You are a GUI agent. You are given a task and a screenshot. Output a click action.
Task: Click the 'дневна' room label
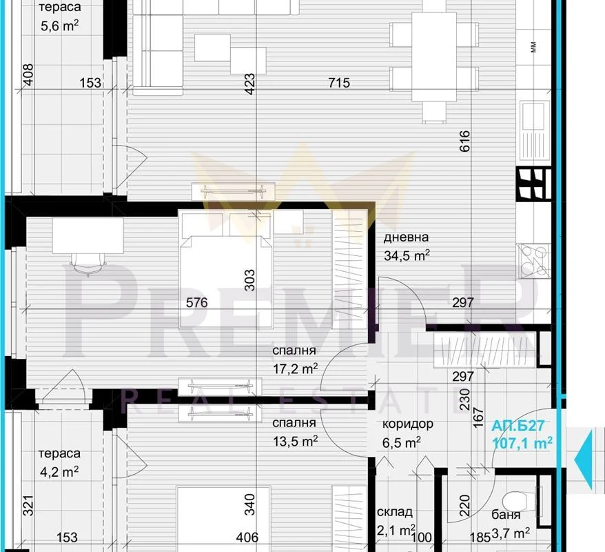(406, 237)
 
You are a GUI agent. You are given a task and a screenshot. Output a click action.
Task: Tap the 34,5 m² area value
(407, 255)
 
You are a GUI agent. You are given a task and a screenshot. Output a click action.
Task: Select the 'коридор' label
(407, 424)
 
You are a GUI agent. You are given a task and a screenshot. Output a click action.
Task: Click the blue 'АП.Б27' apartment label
(517, 426)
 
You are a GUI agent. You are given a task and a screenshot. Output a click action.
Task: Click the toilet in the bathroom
(518, 502)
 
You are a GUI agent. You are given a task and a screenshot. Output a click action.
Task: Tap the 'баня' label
(506, 515)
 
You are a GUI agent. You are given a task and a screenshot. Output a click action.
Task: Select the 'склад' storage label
(395, 512)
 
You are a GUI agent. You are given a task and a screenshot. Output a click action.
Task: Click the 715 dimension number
(339, 82)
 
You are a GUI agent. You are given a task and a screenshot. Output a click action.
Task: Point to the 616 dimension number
(465, 141)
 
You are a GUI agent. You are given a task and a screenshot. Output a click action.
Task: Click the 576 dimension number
(197, 302)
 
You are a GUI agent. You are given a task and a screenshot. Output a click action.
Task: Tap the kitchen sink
(535, 130)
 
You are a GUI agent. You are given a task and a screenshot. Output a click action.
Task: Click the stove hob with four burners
(534, 261)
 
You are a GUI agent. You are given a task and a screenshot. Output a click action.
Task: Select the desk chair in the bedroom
(88, 264)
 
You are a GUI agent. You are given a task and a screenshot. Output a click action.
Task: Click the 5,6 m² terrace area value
(60, 26)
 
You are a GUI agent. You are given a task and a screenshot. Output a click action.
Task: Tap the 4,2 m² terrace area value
(59, 472)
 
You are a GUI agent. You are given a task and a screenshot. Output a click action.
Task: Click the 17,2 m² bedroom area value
(296, 369)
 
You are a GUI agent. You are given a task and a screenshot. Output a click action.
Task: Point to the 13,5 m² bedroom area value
(296, 441)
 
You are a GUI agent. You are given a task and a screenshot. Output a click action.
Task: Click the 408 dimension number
(28, 75)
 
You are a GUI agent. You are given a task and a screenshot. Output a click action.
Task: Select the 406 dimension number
(247, 538)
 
